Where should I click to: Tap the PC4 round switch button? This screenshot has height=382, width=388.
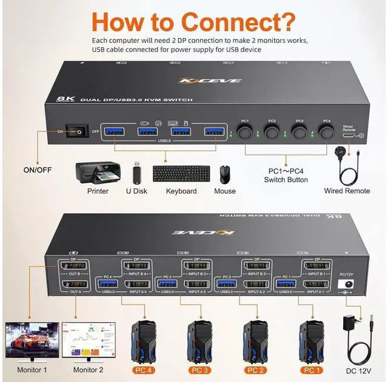click(327, 133)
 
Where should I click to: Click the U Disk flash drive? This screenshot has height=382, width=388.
click(136, 173)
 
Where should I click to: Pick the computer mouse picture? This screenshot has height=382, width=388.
click(225, 174)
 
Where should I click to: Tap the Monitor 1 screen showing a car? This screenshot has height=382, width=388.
click(32, 340)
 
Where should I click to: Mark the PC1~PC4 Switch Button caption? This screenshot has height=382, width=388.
click(286, 175)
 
